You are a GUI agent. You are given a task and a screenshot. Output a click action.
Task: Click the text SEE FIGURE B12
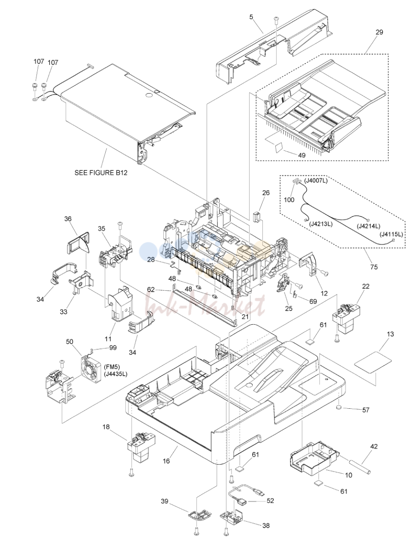[101, 173]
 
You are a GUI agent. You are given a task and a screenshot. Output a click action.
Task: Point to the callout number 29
[379, 32]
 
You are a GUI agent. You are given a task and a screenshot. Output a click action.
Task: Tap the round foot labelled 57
[339, 407]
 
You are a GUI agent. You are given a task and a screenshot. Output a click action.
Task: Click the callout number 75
[374, 267]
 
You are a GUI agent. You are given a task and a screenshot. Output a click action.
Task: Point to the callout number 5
[251, 17]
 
